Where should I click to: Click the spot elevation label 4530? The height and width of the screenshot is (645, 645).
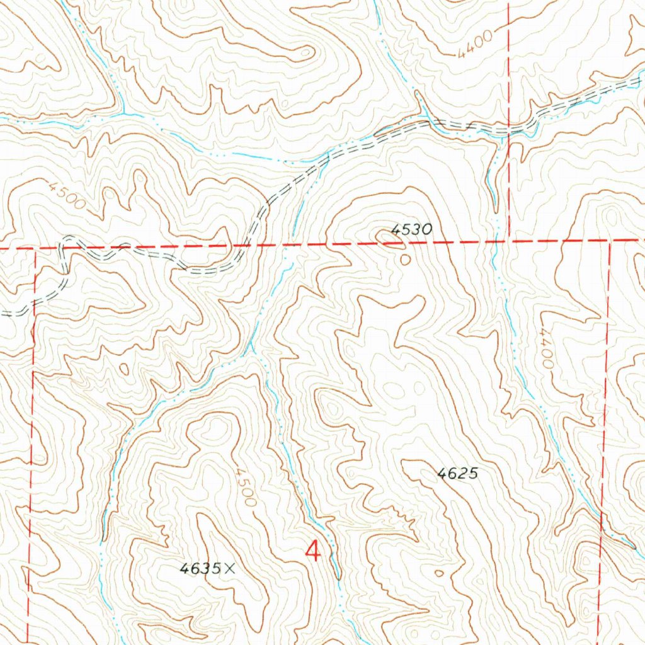coord(411,231)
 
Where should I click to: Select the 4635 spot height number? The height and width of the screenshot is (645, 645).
coord(200,569)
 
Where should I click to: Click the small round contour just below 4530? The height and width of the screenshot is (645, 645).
coord(405,258)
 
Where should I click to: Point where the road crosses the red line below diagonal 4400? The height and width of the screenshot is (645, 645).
coord(508,130)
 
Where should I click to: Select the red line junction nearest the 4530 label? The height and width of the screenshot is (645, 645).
coord(508,241)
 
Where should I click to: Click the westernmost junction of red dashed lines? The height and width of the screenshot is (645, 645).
coord(35,248)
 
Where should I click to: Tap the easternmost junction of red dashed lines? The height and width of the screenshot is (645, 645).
coord(610,241)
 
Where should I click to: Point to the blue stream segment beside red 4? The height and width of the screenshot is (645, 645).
coord(332,542)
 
